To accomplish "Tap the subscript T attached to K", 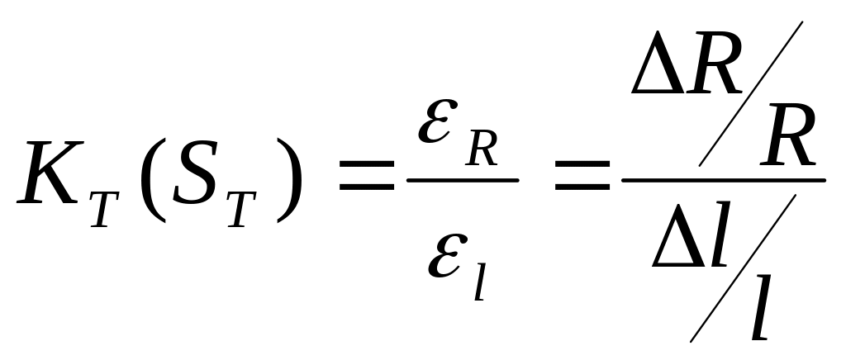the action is [105, 209].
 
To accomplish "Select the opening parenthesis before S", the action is [153, 180].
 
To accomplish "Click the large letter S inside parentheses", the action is [195, 173].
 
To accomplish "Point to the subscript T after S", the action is [241, 209].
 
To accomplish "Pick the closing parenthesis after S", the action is [288, 180].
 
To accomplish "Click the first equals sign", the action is [366, 175].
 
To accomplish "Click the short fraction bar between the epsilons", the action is [463, 180].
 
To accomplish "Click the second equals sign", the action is [582, 175].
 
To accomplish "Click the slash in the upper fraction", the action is [750, 94].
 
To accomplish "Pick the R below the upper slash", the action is [787, 135].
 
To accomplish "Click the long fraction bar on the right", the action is [724, 180].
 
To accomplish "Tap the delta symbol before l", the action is [678, 234].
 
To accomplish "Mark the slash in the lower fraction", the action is [743, 268].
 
